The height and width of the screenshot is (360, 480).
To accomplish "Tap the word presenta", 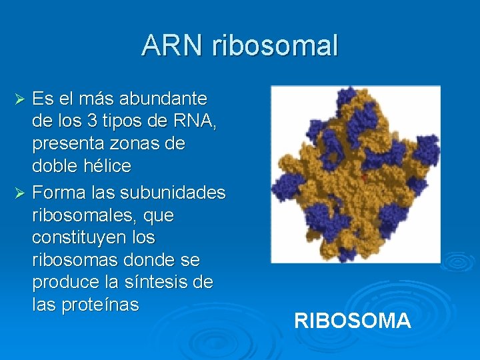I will (68, 144).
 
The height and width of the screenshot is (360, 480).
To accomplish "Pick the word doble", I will (54, 165).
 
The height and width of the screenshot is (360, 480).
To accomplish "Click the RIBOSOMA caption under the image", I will (352, 321).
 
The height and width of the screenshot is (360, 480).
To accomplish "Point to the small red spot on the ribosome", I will (364, 178).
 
